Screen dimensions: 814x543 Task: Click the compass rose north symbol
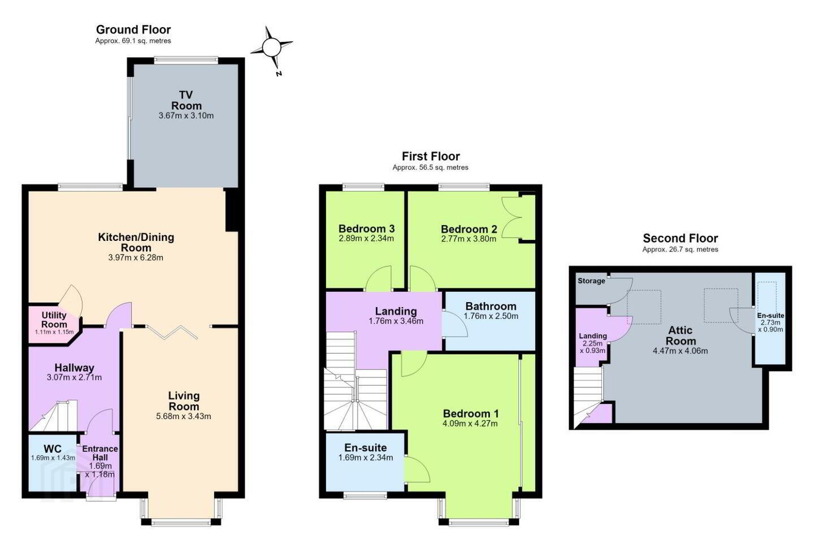click(272, 48)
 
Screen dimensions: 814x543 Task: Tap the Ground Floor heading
click(133, 29)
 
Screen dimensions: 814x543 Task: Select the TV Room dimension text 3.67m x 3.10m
click(186, 116)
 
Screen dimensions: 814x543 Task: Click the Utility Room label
click(54, 320)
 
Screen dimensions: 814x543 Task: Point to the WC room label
click(53, 449)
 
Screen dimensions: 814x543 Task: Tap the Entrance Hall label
click(100, 453)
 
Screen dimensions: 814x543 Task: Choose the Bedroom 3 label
click(366, 229)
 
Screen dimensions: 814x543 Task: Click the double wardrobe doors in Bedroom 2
click(512, 218)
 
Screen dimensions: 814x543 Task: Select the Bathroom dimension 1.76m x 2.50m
click(491, 316)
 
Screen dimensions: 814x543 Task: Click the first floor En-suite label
click(366, 448)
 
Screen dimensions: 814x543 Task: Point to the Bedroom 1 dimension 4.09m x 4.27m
click(470, 423)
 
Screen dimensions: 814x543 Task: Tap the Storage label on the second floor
click(591, 281)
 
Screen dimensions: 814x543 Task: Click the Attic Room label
click(680, 335)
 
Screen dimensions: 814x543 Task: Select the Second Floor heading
click(680, 238)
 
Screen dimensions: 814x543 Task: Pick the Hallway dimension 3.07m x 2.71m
click(74, 377)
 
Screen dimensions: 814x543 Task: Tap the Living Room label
click(184, 401)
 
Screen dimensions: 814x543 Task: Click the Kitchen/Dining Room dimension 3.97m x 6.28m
click(136, 258)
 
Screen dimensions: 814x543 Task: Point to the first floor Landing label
click(396, 311)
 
